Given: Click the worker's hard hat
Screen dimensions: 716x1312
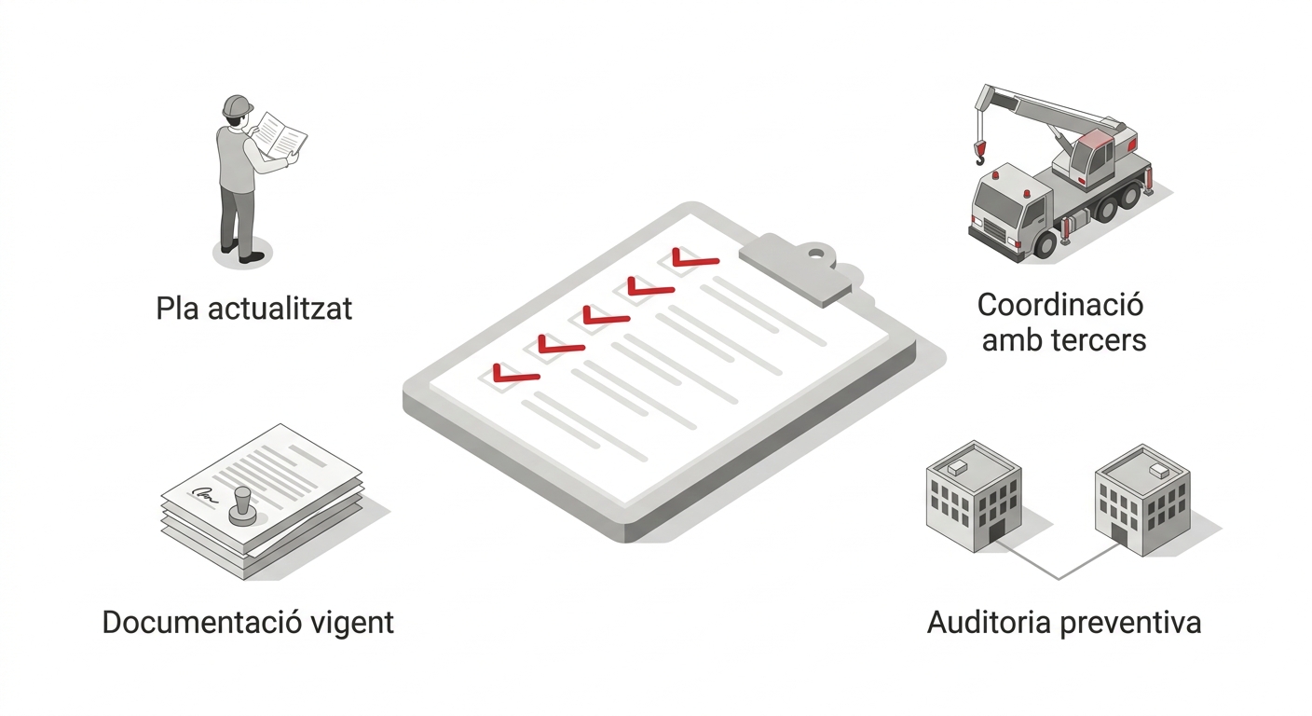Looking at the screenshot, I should (x=239, y=105).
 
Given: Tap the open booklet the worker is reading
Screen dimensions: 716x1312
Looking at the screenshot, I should (x=280, y=136).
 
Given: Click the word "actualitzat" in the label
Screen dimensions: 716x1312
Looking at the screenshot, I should (x=280, y=308).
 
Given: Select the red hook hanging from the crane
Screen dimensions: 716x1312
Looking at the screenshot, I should (x=979, y=151).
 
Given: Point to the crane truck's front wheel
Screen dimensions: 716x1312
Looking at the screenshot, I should (x=1045, y=244).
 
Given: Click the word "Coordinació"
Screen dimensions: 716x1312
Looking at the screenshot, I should (x=1060, y=305).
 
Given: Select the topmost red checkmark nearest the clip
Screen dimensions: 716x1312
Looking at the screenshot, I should (x=694, y=259).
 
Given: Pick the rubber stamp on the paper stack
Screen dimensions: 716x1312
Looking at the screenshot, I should (x=243, y=504).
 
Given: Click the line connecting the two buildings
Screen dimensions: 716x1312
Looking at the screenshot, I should (x=1059, y=573).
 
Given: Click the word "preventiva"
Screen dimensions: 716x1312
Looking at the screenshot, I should (x=1133, y=623).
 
